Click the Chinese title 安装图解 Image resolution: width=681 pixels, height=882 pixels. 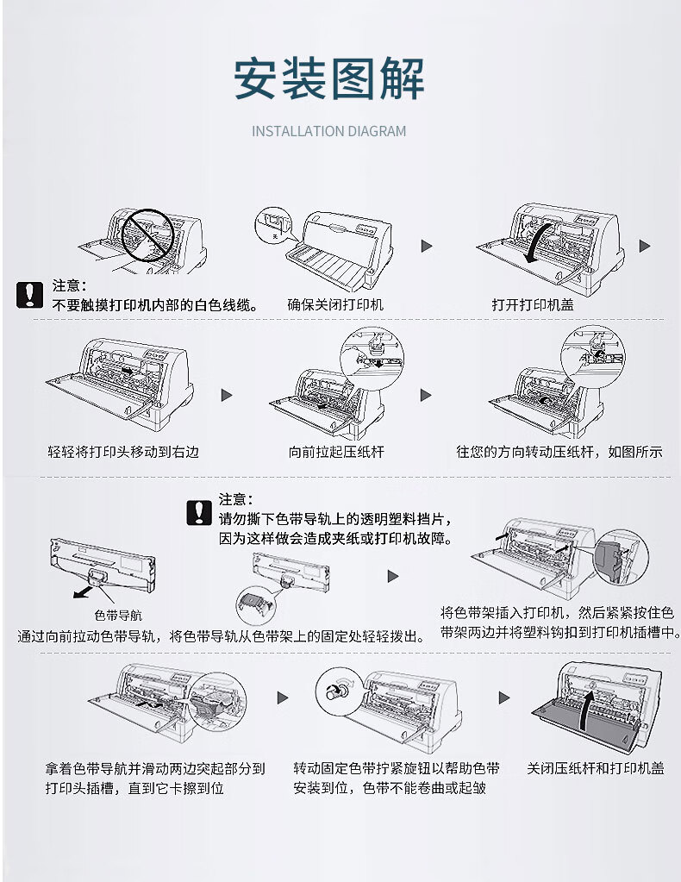(329, 79)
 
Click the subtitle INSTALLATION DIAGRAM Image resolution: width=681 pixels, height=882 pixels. (328, 132)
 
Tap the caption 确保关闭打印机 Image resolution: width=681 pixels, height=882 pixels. (334, 304)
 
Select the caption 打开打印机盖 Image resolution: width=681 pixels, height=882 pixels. (533, 304)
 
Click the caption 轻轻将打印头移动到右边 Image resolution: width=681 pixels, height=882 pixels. (123, 451)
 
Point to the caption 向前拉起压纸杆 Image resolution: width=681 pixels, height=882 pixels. (335, 451)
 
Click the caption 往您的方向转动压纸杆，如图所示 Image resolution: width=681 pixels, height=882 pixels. (559, 451)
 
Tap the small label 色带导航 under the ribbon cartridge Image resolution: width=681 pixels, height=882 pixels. (118, 616)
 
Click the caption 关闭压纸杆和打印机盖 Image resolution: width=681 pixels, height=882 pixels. (595, 767)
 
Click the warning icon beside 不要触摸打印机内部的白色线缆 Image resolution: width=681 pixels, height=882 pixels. (29, 295)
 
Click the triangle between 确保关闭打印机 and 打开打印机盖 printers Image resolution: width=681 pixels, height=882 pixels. (426, 247)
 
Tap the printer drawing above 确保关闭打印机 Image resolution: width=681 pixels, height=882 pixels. (340, 247)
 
